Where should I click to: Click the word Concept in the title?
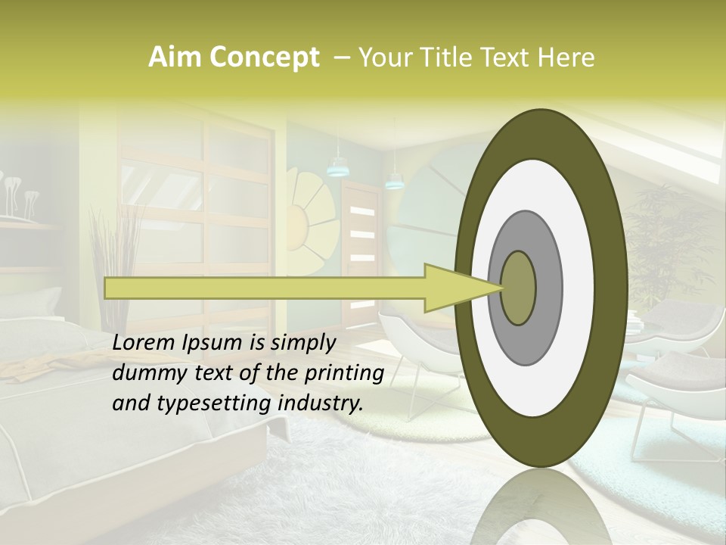[x=264, y=57]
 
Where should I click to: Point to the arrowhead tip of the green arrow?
[x=502, y=288]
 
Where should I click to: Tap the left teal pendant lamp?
[x=336, y=168]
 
